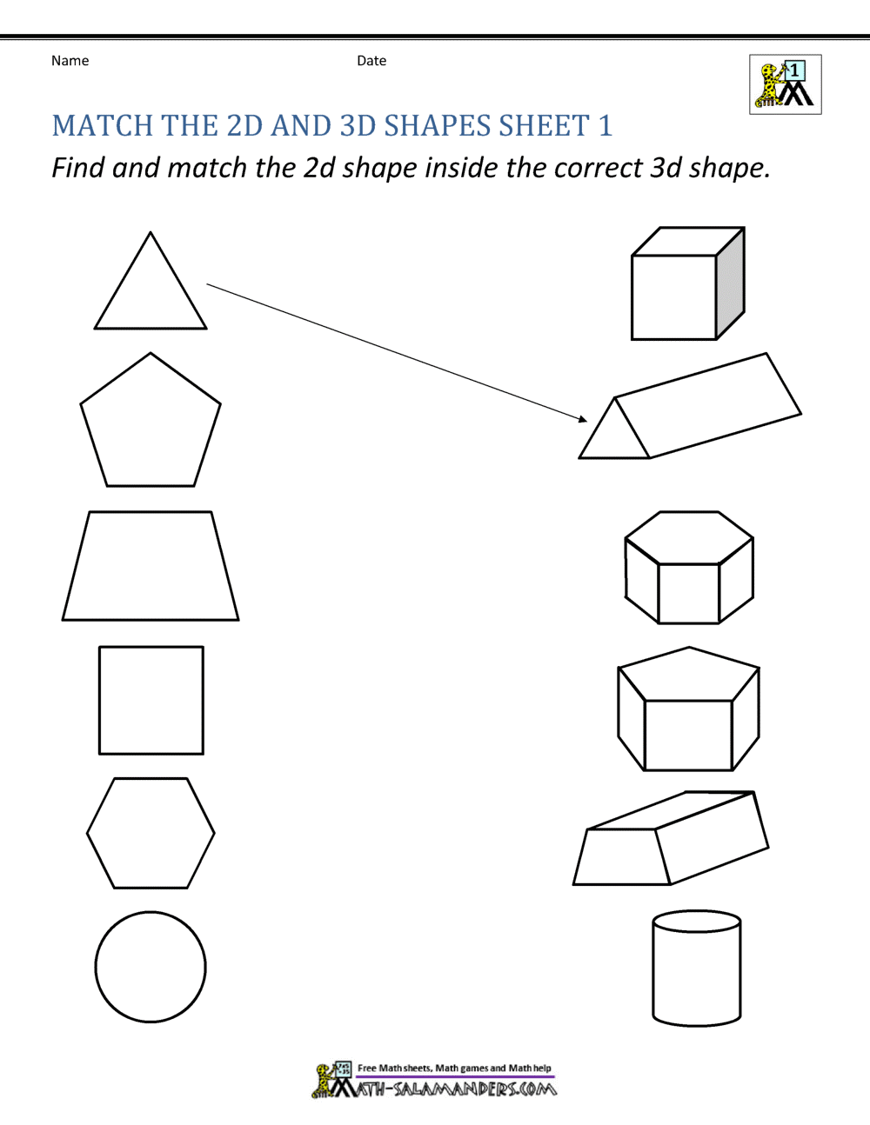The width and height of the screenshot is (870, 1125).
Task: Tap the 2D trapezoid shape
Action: tap(151, 567)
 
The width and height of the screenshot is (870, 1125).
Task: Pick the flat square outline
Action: tap(151, 700)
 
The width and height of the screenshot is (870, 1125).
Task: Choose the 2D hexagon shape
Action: tap(151, 833)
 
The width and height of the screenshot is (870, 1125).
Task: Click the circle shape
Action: tap(151, 966)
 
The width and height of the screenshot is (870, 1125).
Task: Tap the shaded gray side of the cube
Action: tap(730, 283)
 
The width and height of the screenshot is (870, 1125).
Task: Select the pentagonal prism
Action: tap(688, 710)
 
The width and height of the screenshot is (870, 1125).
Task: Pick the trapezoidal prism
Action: tap(670, 839)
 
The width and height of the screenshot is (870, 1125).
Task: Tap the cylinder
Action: tap(696, 967)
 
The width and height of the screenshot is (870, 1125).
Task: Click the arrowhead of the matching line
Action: tap(582, 419)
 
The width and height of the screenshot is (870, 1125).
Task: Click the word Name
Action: tap(70, 61)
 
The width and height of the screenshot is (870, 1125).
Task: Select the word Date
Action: tap(371, 61)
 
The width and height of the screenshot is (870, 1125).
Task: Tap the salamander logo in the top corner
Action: tap(785, 84)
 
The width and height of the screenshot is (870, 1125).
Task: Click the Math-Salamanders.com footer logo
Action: tap(434, 1080)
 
